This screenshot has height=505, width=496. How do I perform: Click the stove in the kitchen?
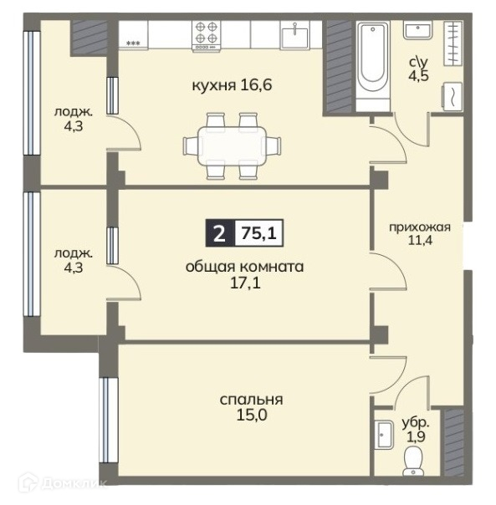pyautogui.click(x=207, y=35)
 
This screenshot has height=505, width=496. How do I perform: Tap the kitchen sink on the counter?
pyautogui.click(x=294, y=35)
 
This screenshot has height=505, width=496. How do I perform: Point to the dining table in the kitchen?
pyautogui.click(x=232, y=145)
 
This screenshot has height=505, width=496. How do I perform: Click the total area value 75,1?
pyautogui.click(x=259, y=233)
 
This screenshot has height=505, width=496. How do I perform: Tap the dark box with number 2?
pyautogui.click(x=220, y=233)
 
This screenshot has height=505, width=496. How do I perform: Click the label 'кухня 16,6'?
pyautogui.click(x=232, y=85)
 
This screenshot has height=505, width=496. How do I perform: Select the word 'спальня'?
pyautogui.click(x=252, y=400)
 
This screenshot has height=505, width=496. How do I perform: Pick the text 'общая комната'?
pyautogui.click(x=244, y=267)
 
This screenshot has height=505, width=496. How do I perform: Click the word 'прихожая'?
pyautogui.click(x=420, y=227)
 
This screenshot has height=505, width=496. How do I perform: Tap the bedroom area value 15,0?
pyautogui.click(x=252, y=416)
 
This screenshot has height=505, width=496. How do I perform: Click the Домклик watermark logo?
pyautogui.click(x=62, y=483)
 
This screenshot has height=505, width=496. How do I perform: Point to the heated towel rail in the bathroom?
pyautogui.click(x=453, y=43)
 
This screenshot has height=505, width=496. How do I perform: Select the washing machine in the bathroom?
pyautogui.click(x=453, y=97)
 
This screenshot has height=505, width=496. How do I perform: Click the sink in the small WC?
pyautogui.click(x=384, y=435)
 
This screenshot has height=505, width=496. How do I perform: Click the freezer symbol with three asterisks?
pyautogui.click(x=133, y=43)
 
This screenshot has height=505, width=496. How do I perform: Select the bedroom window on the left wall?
pyautogui.click(x=109, y=421)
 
